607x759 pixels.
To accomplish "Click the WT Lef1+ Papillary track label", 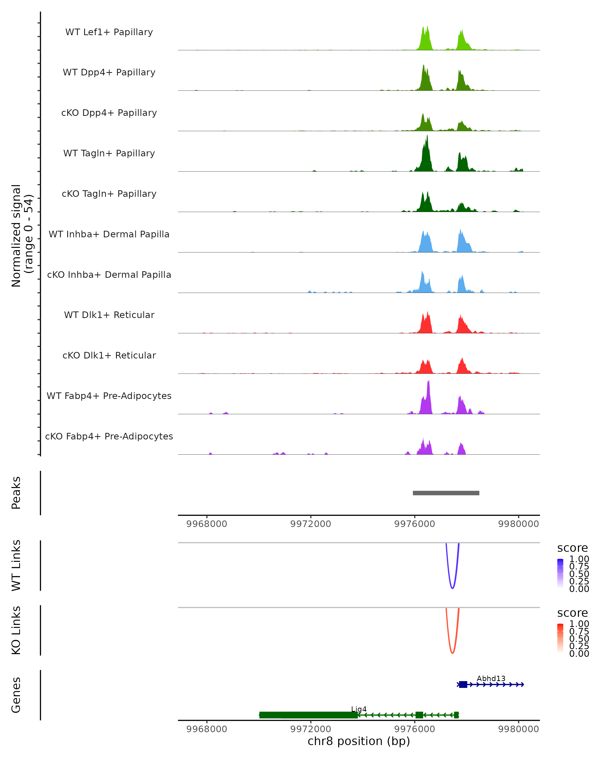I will coord(109,32).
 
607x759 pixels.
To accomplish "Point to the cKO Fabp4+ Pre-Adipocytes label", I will coord(109,436).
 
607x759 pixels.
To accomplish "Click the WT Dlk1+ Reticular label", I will coord(109,315).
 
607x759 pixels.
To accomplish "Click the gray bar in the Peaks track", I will coord(446,493).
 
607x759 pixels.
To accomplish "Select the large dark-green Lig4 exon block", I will coord(308,715).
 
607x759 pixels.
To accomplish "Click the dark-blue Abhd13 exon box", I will coord(463,684).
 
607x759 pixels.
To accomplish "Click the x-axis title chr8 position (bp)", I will coord(359,741).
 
